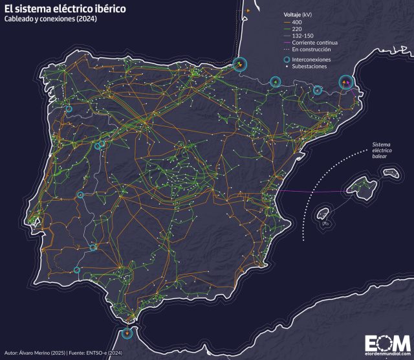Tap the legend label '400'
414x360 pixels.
click(296, 22)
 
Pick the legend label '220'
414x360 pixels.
click(296, 28)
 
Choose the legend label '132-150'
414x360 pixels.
click(300, 36)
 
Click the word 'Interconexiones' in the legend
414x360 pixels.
click(311, 59)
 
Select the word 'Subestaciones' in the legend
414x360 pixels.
click(309, 66)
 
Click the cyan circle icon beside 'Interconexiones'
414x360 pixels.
click(286, 59)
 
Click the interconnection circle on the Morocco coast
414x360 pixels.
click(127, 333)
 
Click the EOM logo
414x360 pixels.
click(387, 343)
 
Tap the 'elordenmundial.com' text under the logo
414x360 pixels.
click(387, 354)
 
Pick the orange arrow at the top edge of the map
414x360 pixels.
click(248, 11)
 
